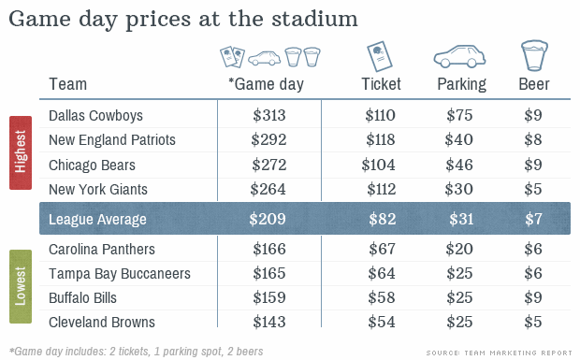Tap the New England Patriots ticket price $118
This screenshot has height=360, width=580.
click(381, 140)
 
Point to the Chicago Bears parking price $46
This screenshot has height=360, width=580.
click(461, 166)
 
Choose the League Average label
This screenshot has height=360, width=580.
click(98, 220)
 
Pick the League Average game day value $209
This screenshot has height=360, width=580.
click(268, 220)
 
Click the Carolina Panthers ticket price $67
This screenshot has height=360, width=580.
click(384, 250)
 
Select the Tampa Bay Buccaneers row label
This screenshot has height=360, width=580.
click(120, 274)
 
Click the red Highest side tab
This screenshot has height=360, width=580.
click(21, 152)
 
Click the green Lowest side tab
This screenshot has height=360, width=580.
click(21, 286)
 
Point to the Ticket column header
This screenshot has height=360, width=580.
click(381, 84)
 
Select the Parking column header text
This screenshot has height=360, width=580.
click(461, 84)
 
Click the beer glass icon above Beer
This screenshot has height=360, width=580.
click(534, 55)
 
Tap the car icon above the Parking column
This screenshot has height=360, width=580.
click(461, 57)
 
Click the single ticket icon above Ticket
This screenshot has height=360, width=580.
click(377, 56)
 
